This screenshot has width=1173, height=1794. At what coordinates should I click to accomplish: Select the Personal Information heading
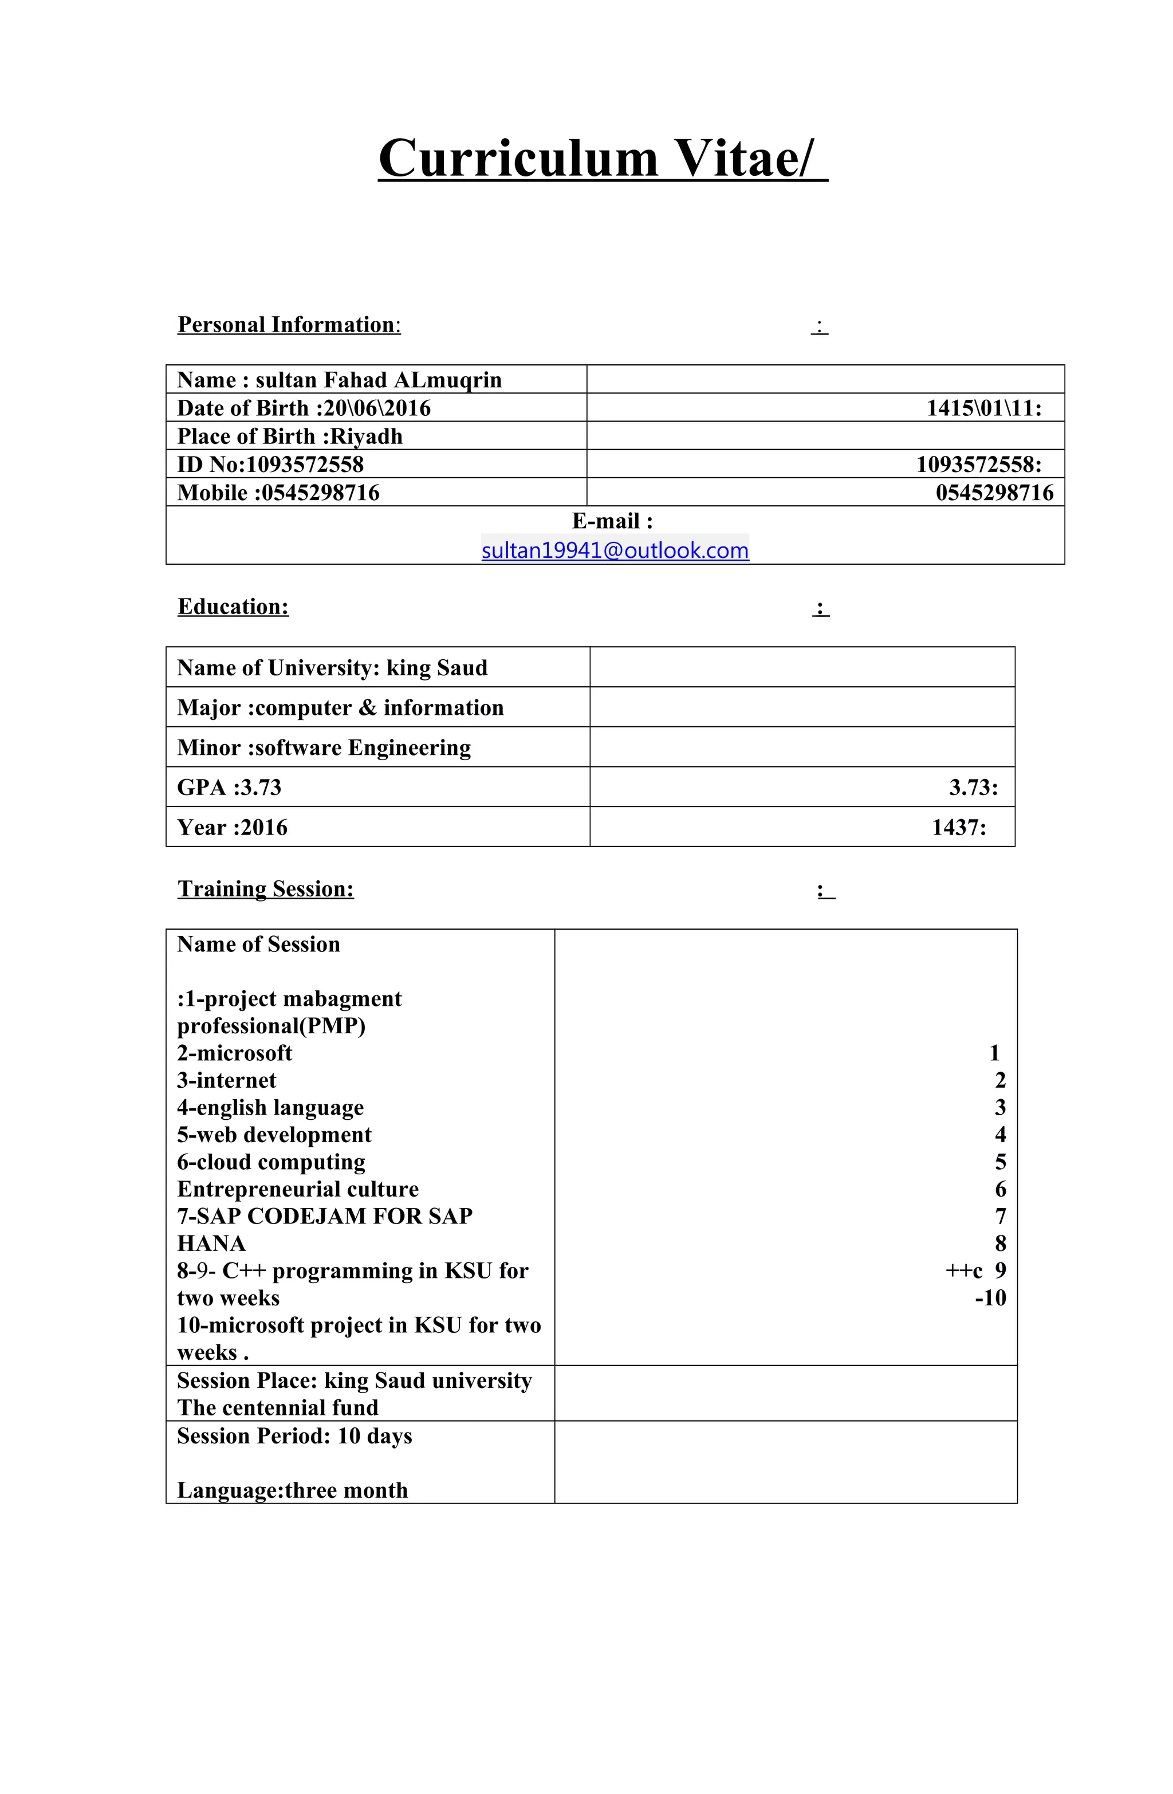click(x=288, y=325)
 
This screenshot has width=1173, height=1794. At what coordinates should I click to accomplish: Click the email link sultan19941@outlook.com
click(x=615, y=550)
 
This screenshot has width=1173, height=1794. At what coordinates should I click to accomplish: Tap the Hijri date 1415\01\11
click(x=982, y=408)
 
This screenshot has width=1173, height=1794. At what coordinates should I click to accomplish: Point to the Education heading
click(x=233, y=607)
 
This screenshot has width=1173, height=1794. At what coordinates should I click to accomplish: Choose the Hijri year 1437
click(x=958, y=828)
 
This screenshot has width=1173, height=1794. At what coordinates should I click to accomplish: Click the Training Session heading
click(x=265, y=890)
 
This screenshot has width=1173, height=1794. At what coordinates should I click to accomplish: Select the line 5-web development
click(x=274, y=1135)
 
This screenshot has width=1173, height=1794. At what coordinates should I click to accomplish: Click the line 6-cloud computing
click(x=271, y=1162)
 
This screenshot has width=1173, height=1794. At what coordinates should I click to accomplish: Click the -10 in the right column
click(x=989, y=1298)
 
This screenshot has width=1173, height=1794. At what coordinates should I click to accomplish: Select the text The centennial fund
click(x=277, y=1408)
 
